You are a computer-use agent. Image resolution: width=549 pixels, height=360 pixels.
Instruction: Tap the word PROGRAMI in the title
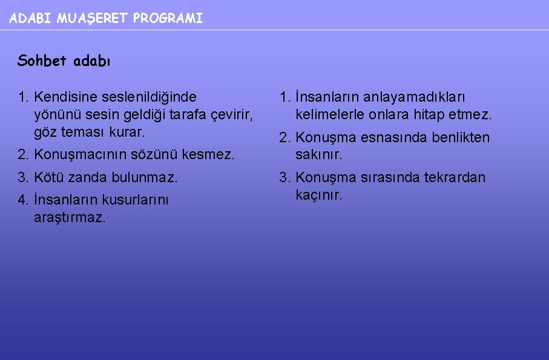tap(168, 19)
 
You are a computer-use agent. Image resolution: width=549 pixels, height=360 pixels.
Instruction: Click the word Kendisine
tap(58, 97)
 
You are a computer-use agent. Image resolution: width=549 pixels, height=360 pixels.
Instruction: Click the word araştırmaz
tap(70, 218)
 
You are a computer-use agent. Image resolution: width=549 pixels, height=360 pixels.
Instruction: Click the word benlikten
tap(461, 137)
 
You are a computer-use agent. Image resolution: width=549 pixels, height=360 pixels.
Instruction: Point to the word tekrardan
tap(455, 178)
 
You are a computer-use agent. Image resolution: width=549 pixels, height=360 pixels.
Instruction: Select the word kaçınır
tap(318, 195)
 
